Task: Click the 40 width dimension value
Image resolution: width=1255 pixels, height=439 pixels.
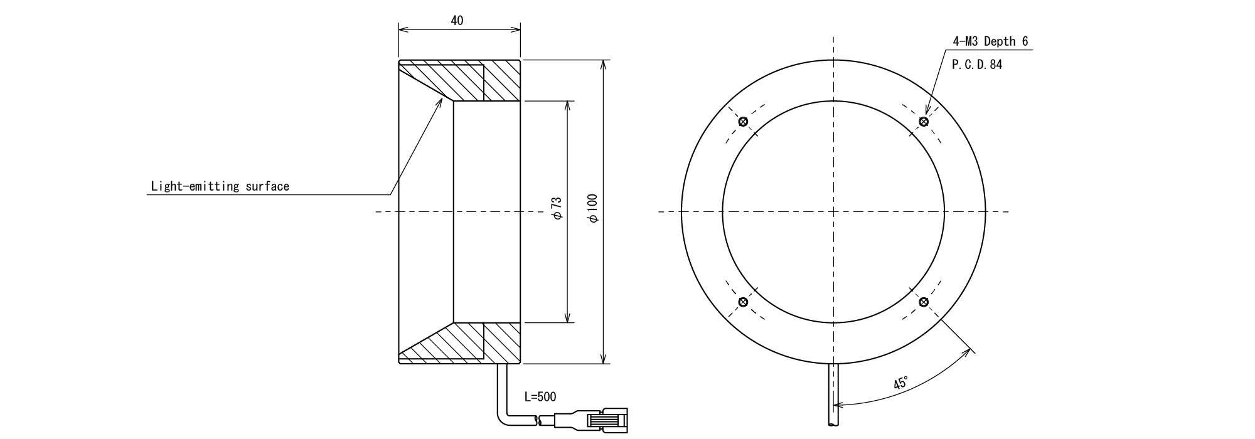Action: [457, 21]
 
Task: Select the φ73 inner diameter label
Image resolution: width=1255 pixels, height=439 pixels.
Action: [556, 209]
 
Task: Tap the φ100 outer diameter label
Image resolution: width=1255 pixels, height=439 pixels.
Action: [593, 207]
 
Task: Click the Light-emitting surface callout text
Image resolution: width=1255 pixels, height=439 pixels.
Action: [220, 186]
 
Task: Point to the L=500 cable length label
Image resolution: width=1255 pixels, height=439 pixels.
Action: [540, 397]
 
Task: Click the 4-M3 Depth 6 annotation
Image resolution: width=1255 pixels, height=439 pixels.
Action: [991, 41]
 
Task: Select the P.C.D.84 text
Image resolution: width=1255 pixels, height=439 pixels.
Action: [977, 65]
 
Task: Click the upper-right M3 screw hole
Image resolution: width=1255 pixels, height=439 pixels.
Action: [923, 121]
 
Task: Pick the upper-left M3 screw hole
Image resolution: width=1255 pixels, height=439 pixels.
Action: [744, 121]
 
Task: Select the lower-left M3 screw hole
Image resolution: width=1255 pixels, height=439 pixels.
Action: [744, 302]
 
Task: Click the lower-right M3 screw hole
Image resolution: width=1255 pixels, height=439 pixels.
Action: [923, 302]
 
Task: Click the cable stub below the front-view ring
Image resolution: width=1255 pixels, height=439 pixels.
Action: [833, 395]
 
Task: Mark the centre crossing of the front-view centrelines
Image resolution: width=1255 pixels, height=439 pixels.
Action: [833, 211]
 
